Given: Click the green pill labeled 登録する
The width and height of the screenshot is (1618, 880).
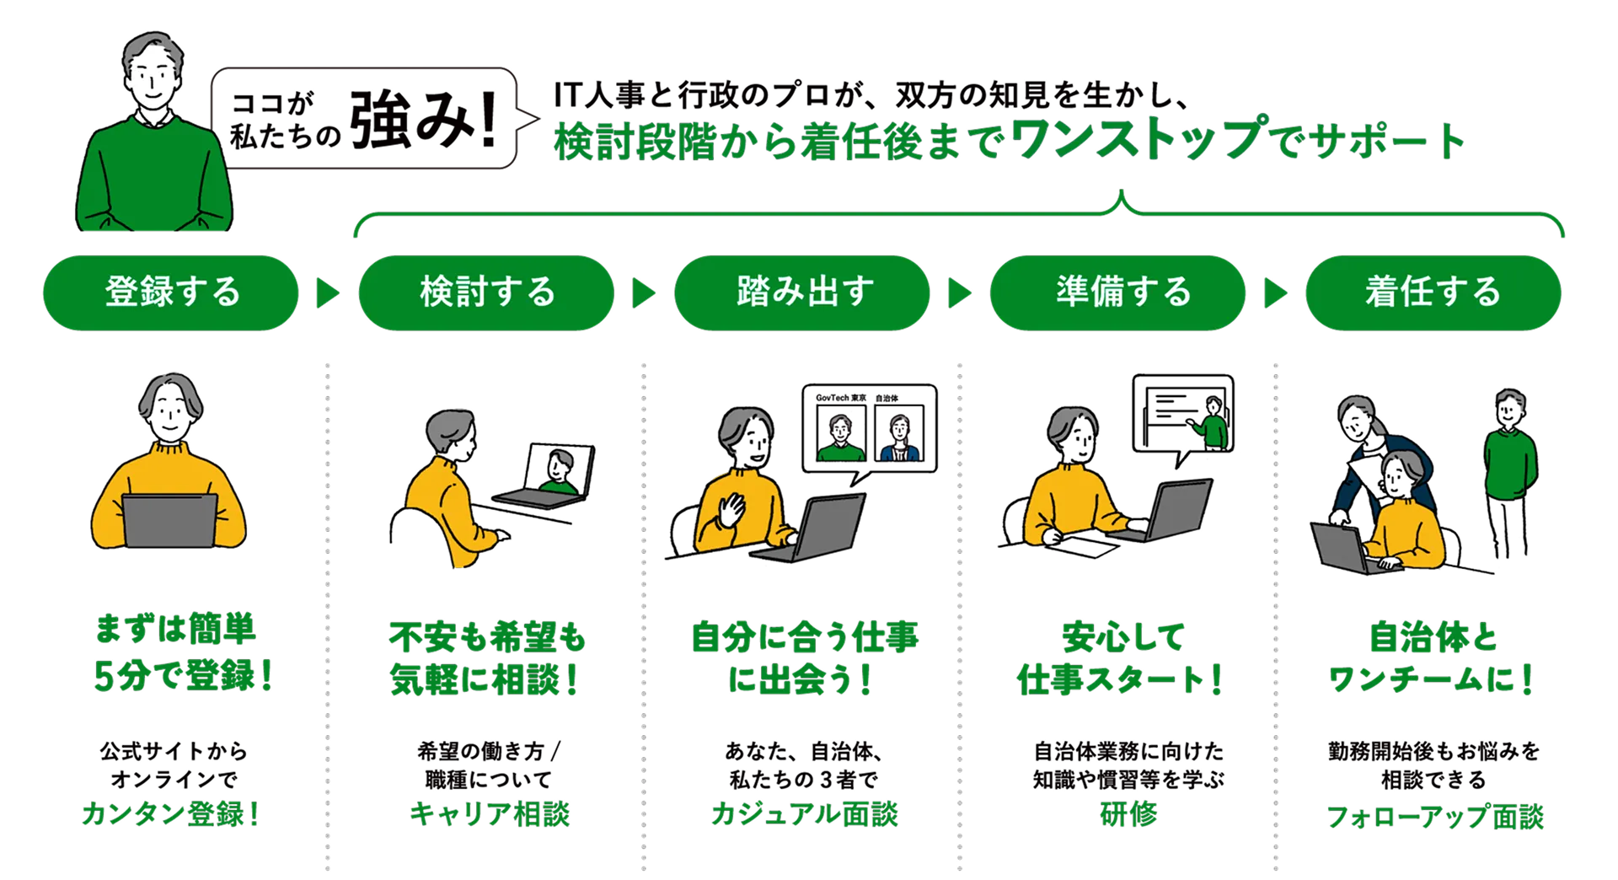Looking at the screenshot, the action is tap(170, 292).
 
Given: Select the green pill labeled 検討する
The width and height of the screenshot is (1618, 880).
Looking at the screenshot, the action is tap(486, 292).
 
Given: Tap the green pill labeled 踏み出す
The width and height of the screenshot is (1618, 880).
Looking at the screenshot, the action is tap(802, 292).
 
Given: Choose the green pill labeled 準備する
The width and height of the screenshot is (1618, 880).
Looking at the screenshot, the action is tap(1117, 292).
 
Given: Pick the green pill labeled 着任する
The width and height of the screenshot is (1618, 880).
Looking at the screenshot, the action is tap(1433, 292).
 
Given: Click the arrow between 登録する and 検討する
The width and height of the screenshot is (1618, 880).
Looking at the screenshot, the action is tap(327, 293).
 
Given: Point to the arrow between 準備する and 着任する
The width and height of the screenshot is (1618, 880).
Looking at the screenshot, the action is tap(1275, 293).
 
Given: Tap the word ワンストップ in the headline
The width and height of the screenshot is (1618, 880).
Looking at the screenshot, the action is tap(1138, 138).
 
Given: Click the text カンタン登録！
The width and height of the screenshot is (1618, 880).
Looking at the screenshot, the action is tap(170, 814).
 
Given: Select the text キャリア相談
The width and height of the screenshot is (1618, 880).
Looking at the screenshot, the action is tap(490, 814).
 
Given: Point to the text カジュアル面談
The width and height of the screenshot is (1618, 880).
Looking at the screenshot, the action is tap(804, 814).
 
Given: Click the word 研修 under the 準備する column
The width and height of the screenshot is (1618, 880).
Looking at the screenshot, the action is tap(1128, 814).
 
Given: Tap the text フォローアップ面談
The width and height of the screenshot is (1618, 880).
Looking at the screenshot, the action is tap(1435, 816).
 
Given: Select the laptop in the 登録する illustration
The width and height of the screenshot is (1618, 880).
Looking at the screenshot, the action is tap(169, 519).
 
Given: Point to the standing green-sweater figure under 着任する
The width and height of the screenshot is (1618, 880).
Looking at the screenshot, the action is tap(1510, 451).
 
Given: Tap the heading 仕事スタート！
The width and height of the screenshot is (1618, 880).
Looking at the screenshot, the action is tap(1119, 679).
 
